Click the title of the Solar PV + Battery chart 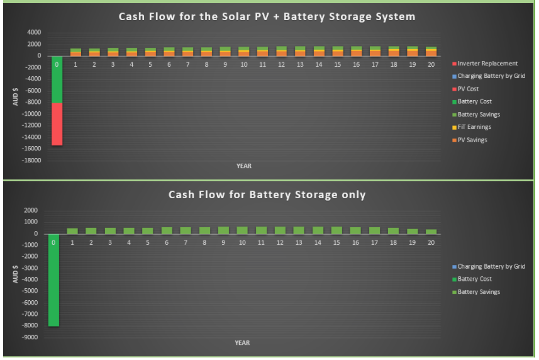click(x=267, y=16)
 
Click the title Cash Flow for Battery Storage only click(x=267, y=194)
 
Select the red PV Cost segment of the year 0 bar click(x=57, y=124)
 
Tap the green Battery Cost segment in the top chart click(x=57, y=79)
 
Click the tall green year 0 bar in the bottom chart click(x=53, y=280)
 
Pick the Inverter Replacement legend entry click(x=485, y=64)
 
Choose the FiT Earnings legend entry click(x=472, y=127)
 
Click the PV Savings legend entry click(x=470, y=140)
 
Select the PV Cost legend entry click(x=465, y=89)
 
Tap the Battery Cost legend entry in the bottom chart click(x=472, y=279)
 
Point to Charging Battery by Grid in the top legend click(x=489, y=76)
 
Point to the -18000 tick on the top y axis click(x=31, y=160)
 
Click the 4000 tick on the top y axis click(x=34, y=32)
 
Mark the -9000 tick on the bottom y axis click(x=30, y=337)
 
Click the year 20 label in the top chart click(x=431, y=65)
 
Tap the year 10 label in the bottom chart click(x=242, y=243)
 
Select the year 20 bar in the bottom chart click(x=431, y=232)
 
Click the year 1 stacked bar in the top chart click(x=75, y=52)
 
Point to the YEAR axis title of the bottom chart click(x=242, y=343)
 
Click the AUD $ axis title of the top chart click(x=16, y=97)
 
